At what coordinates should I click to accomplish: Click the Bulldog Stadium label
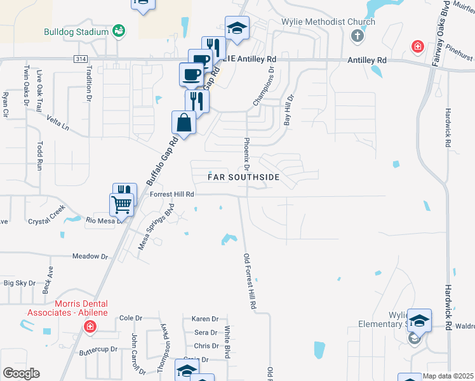[x=77, y=32]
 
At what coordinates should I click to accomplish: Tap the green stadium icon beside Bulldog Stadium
[x=118, y=30]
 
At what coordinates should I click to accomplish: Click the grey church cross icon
[x=357, y=36]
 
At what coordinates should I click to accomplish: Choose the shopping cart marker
[x=121, y=204]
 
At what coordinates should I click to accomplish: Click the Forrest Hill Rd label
[x=171, y=195]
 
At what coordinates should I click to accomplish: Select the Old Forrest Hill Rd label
[x=250, y=281]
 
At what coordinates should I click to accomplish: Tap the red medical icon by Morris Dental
[x=90, y=326]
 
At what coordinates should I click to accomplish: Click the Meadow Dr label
[x=90, y=256]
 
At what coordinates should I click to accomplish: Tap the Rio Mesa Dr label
[x=103, y=220]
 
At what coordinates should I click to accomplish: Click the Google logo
[x=20, y=373]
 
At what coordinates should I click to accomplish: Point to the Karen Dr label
[x=205, y=319]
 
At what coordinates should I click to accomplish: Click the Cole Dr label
[x=130, y=317]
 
